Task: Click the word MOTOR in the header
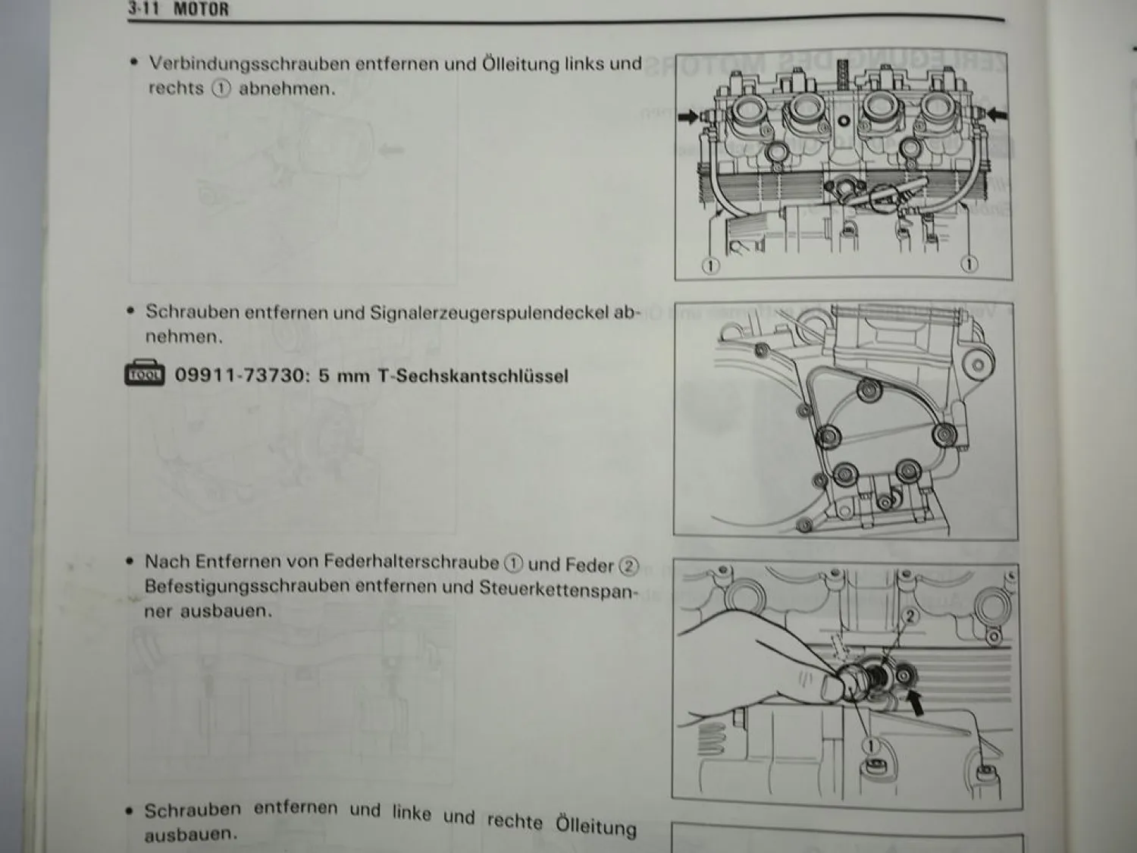click(201, 10)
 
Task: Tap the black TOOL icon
click(145, 374)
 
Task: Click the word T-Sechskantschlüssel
click(472, 376)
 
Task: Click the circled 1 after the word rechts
click(221, 89)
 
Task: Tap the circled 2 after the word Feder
click(629, 566)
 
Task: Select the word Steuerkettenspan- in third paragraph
click(559, 589)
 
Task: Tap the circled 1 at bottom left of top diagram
click(710, 266)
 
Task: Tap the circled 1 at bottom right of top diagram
click(969, 265)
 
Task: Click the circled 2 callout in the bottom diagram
click(910, 616)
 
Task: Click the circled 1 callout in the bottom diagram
click(872, 746)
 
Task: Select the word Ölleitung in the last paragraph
click(596, 824)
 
